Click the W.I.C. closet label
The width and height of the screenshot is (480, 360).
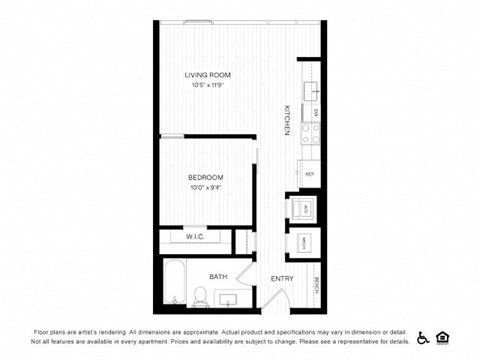tap(195, 238)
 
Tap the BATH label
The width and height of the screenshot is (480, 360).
tap(218, 276)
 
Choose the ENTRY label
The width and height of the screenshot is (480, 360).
tap(282, 279)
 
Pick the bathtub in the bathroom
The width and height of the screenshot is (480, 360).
tap(172, 282)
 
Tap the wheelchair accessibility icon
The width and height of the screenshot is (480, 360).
tap(423, 337)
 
